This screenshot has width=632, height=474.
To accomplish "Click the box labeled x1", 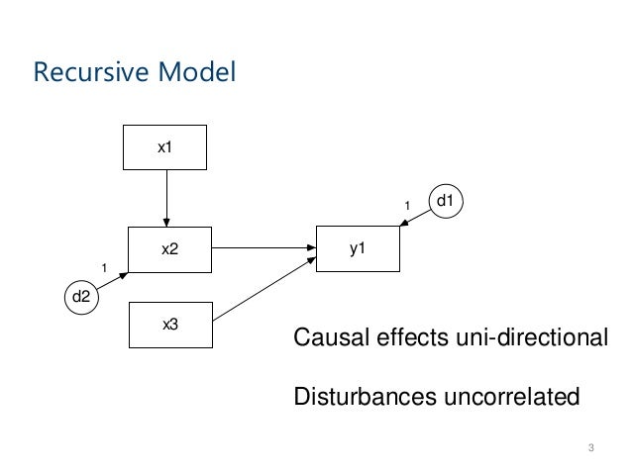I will [164, 147].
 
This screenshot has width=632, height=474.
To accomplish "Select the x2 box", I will [169, 249].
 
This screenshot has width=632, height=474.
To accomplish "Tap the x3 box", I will [169, 325].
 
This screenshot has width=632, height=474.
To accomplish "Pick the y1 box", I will [358, 248].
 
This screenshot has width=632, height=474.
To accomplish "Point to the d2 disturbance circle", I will [83, 296].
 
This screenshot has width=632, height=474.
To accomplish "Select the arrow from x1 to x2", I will [166, 198].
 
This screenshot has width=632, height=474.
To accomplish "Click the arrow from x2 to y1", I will [263, 248].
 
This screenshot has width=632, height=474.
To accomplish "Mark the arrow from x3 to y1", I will [263, 288].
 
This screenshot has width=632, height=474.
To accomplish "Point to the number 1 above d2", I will [104, 267].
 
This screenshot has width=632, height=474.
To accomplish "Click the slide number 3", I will [590, 450].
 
